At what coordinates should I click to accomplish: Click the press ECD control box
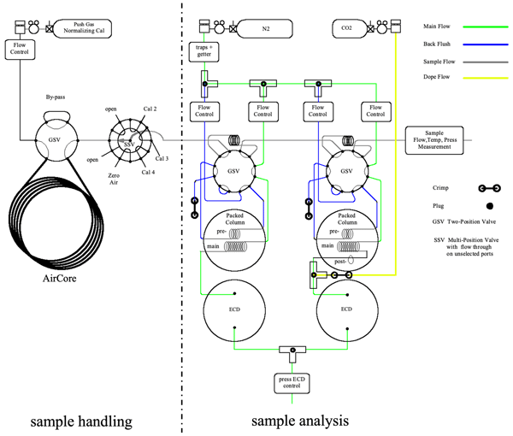coord(292,383)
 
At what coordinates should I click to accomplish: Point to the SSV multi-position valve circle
coord(129,140)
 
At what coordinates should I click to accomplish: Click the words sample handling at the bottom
coord(80,421)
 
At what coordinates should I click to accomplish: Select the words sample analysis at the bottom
coord(300,421)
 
